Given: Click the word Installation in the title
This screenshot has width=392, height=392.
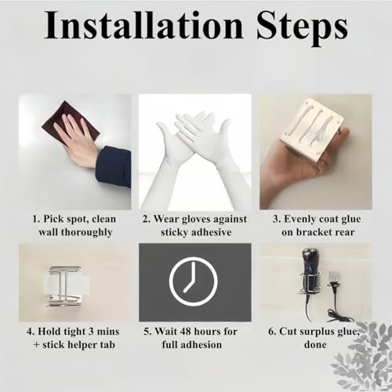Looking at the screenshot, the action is coord(143,25).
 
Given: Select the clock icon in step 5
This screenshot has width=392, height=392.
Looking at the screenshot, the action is coord(194,281).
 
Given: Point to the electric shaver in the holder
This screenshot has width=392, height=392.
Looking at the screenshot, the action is coord(308,277).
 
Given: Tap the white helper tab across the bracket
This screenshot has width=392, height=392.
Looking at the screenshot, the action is coord(67,284).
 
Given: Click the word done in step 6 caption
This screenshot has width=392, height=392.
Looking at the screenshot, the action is coord(315,344).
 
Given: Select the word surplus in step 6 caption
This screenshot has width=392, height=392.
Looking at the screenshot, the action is coord(314,332).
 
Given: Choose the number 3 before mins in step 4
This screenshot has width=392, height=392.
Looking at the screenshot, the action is coord(91,332).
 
